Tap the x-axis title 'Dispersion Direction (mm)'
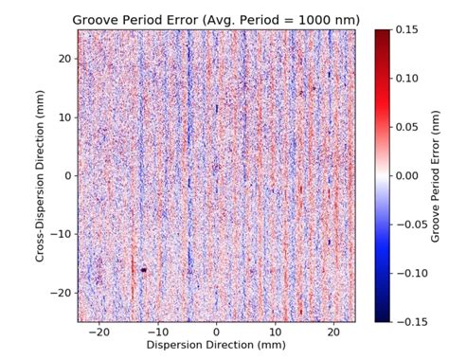[216, 346]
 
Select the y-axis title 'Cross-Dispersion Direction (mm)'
[43, 175]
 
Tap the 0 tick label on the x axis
[216, 333]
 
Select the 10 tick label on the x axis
[275, 333]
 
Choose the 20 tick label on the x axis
[333, 333]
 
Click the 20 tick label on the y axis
[65, 59]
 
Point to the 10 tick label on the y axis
[65, 117]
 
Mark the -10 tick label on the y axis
[62, 234]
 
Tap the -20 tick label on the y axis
[62, 293]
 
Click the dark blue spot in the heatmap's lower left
[143, 269]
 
